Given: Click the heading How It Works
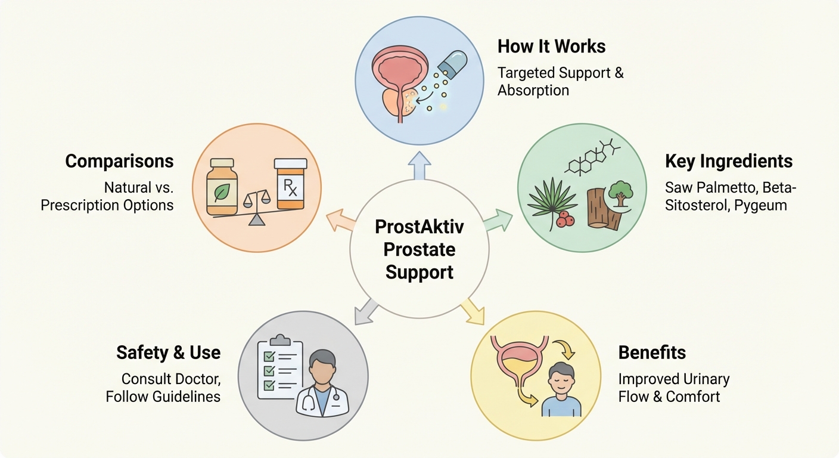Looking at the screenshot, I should click(x=552, y=47).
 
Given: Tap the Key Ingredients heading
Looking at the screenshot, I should click(x=729, y=161).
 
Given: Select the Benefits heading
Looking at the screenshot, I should click(x=652, y=352).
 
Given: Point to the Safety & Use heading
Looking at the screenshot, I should click(x=169, y=352).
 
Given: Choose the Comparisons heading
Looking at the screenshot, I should click(x=119, y=161).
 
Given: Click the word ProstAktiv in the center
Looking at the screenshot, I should click(x=419, y=227).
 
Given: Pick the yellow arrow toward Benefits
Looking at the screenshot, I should click(x=473, y=310).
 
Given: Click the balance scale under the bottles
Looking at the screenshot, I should click(x=257, y=206).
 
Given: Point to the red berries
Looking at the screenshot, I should click(x=564, y=219).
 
